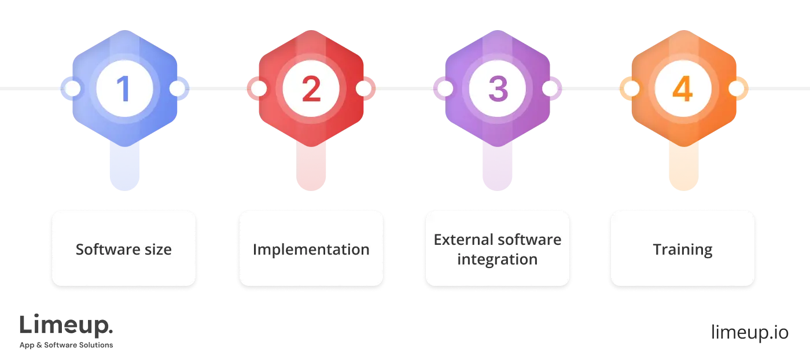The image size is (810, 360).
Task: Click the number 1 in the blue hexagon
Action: point(124,89)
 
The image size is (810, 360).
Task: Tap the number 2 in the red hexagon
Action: point(311,89)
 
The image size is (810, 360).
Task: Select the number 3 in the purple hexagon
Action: point(498,89)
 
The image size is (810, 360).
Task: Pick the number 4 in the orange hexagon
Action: point(683,89)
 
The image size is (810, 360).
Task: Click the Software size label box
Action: point(124,249)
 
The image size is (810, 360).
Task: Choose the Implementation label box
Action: point(311,249)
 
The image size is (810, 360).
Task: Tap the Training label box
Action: point(683,249)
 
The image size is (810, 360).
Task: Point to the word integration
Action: point(498,259)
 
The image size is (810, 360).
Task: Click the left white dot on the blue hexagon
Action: point(73,89)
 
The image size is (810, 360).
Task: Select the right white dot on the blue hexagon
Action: point(177,89)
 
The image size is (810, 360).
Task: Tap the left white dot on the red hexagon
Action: point(259,89)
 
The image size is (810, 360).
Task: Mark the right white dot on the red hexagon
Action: point(363,89)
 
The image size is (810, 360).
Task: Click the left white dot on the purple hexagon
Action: point(445,89)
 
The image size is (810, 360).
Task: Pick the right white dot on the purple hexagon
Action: point(550,89)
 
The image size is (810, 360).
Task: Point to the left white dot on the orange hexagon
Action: point(632,89)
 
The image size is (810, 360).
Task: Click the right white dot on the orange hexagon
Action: point(736,89)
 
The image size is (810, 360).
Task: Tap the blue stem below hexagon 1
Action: point(124,168)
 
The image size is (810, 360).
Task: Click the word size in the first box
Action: point(157,249)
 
